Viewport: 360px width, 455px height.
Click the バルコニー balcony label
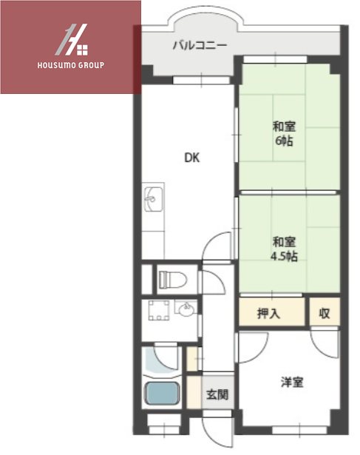[x=200, y=46]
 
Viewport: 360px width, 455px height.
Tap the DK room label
[x=191, y=158]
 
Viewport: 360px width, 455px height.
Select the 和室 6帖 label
[x=284, y=133]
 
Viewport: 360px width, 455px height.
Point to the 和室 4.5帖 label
[x=284, y=249]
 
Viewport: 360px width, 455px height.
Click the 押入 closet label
[x=268, y=313]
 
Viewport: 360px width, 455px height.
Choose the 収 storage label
[x=324, y=313]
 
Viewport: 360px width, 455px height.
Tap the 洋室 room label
[x=291, y=382]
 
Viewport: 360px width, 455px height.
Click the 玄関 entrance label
[x=217, y=394]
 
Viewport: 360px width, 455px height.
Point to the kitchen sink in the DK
[x=154, y=198]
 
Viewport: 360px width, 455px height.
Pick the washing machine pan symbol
[x=157, y=310]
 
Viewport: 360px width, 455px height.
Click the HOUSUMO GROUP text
[x=70, y=65]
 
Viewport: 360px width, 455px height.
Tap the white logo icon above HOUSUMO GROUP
[x=74, y=41]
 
